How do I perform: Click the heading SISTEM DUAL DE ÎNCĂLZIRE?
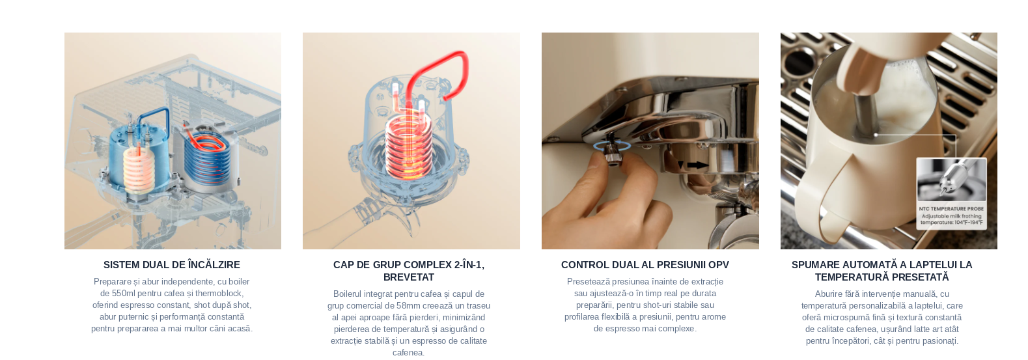[172, 265]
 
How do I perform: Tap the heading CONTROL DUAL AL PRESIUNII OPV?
[645, 265]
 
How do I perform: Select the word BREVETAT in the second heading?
[408, 277]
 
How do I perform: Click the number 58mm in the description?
[408, 306]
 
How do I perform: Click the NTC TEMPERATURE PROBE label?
[951, 209]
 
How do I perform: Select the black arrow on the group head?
[696, 165]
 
